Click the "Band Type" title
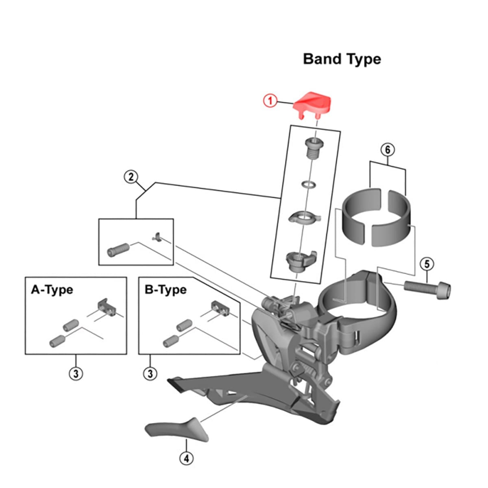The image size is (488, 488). pos(342,59)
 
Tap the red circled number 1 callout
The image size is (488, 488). pos(270,100)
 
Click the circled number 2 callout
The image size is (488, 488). pos(131,177)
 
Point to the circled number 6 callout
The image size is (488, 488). pos(387,150)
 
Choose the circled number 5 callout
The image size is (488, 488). pos(427,264)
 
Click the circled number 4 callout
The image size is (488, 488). pos(186,458)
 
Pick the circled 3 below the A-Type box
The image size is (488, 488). pos(76,373)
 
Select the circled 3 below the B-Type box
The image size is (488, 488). pos(150,373)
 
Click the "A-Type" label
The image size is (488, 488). pos(52,290)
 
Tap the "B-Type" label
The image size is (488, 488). pos(166,290)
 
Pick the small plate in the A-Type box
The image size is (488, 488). pos(107,307)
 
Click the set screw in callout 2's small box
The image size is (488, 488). pos(118,249)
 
